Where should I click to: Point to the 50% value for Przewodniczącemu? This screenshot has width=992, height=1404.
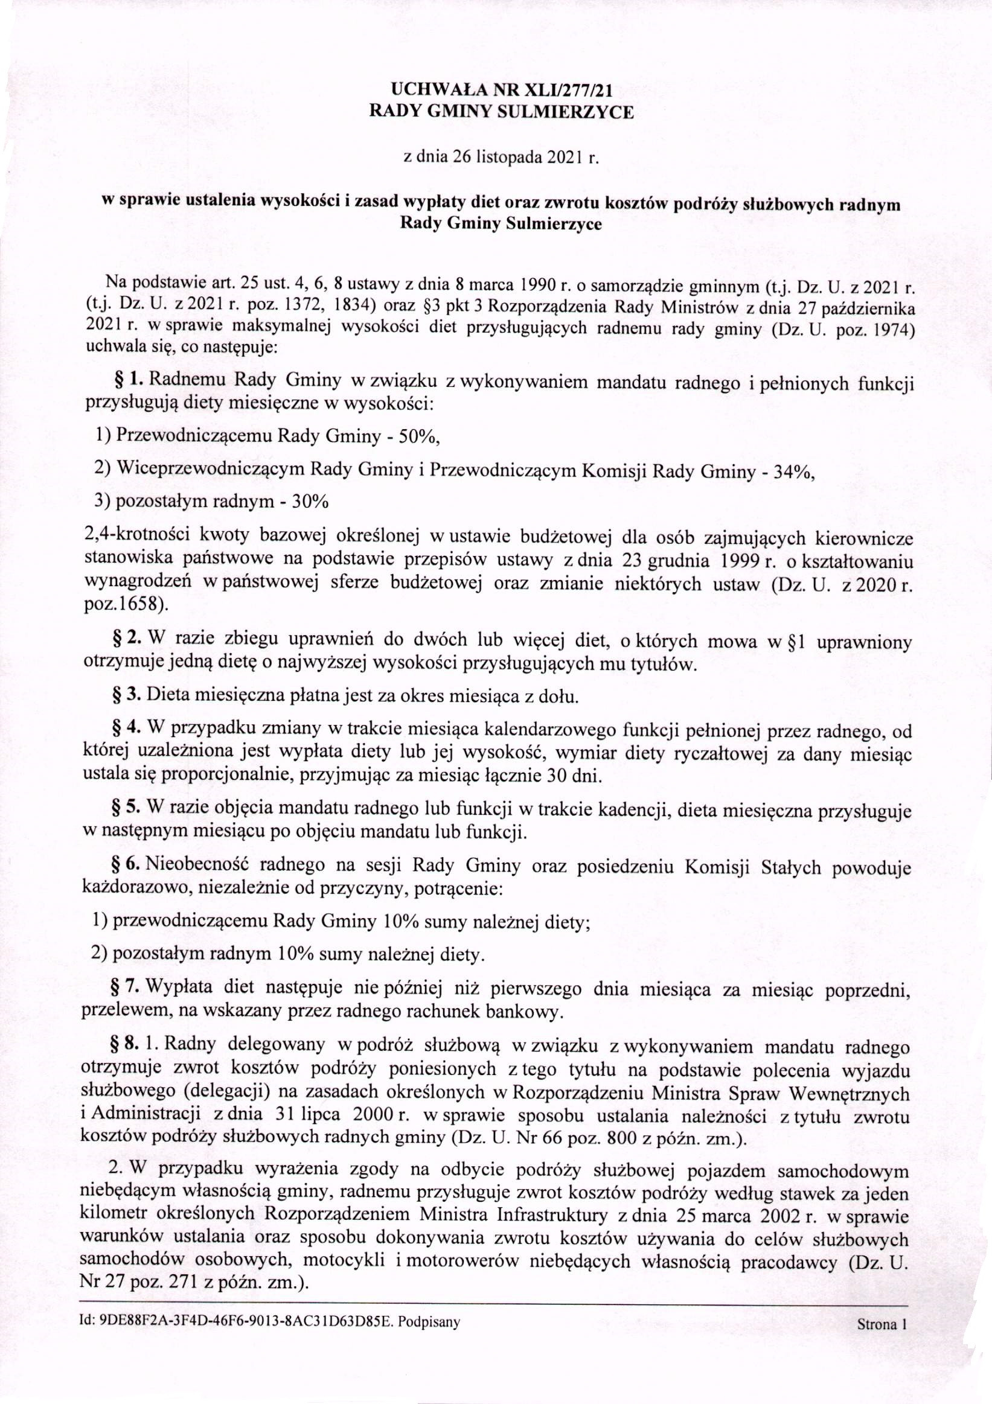[x=418, y=436]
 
